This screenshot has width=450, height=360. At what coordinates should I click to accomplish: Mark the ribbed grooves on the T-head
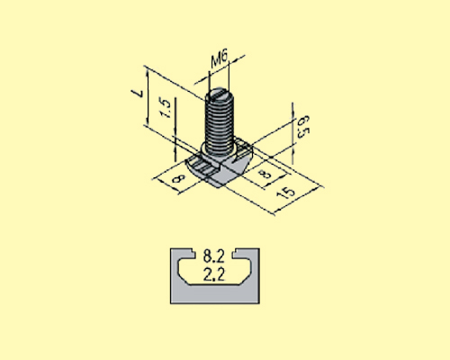pyautogui.click(x=205, y=167)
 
